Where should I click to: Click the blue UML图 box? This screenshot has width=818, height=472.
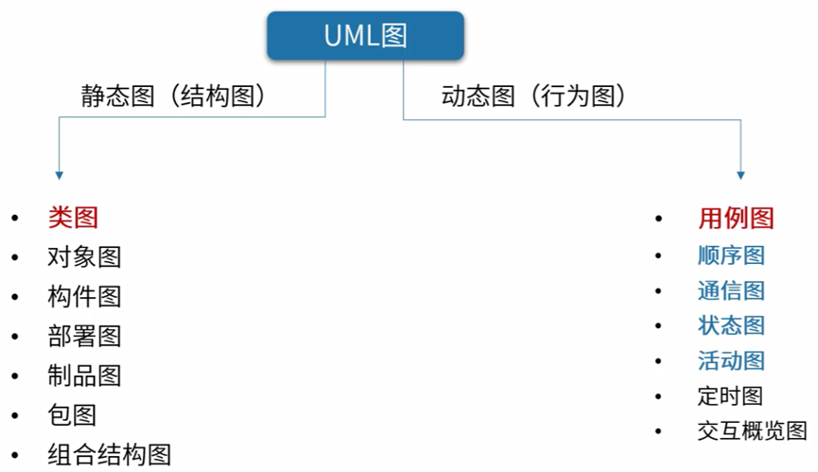(365, 36)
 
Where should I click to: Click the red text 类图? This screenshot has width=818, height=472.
(73, 218)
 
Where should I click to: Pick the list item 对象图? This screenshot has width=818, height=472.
(84, 256)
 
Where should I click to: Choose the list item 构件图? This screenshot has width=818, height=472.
(84, 296)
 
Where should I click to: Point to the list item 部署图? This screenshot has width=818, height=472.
(84, 336)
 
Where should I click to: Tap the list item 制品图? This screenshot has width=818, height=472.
(84, 376)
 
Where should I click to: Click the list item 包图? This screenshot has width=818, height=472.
(72, 414)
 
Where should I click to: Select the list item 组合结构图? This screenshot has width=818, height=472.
(109, 454)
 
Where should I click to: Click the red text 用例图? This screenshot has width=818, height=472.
(736, 219)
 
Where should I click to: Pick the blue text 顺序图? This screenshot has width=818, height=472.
(731, 255)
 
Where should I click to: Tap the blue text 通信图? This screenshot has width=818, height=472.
(731, 290)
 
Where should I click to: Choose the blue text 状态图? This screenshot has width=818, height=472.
(731, 325)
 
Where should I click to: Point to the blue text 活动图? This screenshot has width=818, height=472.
(731, 360)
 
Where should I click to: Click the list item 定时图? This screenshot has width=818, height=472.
(729, 395)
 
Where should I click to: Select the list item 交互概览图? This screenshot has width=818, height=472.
(752, 430)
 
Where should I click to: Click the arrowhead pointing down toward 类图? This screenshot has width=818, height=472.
(59, 175)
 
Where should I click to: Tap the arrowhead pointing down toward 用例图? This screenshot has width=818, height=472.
(740, 175)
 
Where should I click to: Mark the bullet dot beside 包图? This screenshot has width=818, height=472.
(14, 415)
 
